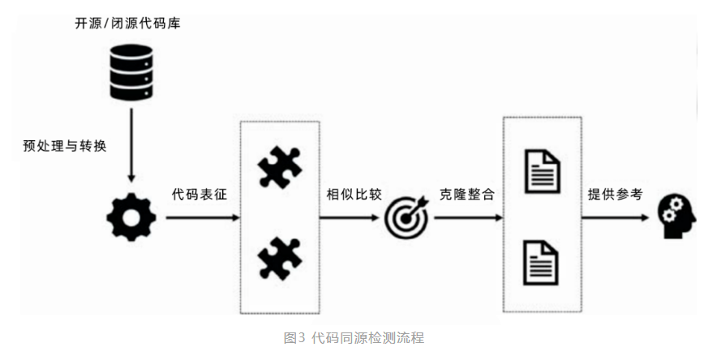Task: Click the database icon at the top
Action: [x=131, y=72]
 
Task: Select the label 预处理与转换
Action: [x=65, y=147]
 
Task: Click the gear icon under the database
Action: [x=131, y=216]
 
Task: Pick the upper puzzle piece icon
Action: [x=280, y=169]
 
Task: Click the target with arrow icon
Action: [x=405, y=217]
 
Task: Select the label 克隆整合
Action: [x=467, y=195]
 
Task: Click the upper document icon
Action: [x=542, y=171]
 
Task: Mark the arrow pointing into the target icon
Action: [x=350, y=218]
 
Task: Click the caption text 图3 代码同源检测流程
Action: [x=354, y=338]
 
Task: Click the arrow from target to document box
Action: [x=466, y=218]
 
